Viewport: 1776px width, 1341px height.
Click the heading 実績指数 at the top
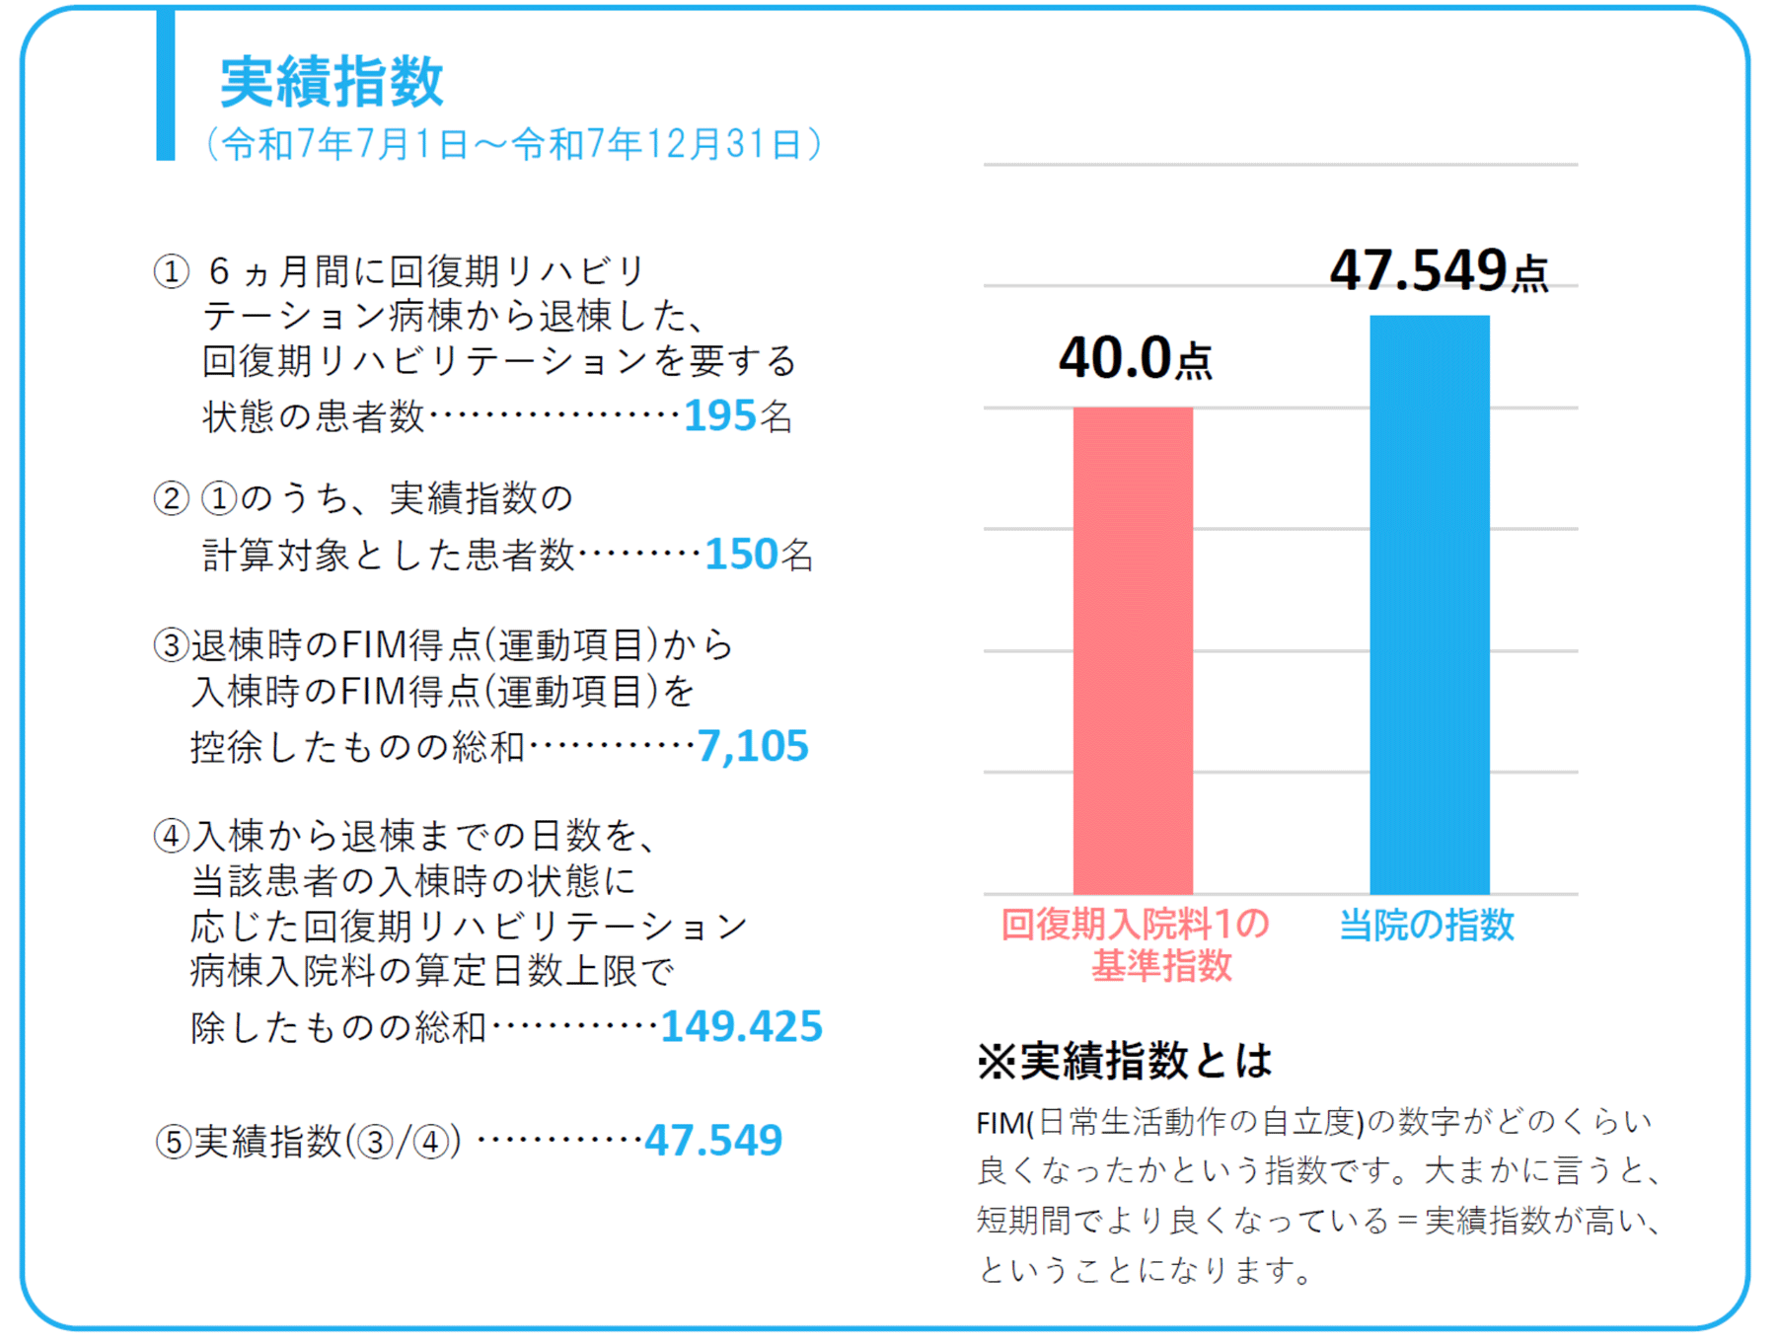[x=332, y=81]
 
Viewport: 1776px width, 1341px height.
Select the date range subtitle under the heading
[x=513, y=144]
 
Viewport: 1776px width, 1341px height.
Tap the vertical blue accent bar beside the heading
[x=166, y=85]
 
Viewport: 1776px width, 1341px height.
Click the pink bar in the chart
[x=1133, y=650]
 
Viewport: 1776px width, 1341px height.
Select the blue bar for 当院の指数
[x=1429, y=605]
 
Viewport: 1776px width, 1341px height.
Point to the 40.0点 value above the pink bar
[x=1135, y=358]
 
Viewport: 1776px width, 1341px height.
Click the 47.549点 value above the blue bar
[x=1438, y=270]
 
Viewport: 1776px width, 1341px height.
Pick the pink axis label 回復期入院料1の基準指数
[x=1135, y=944]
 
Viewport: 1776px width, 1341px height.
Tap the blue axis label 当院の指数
[x=1426, y=925]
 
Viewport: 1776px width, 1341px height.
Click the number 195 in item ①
[x=719, y=416]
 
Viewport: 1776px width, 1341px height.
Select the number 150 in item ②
[x=741, y=555]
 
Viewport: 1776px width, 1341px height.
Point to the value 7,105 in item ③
[x=753, y=746]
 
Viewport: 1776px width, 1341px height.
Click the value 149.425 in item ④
[x=741, y=1026]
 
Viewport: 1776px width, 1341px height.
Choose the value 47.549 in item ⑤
[x=713, y=1141]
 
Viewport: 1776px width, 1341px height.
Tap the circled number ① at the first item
[x=172, y=271]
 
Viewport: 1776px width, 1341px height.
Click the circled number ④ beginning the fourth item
[x=172, y=837]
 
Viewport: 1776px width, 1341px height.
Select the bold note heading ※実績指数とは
[x=1124, y=1061]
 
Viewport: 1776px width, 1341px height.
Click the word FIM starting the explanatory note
[x=999, y=1123]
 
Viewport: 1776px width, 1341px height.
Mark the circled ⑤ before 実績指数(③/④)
[x=174, y=1142]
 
